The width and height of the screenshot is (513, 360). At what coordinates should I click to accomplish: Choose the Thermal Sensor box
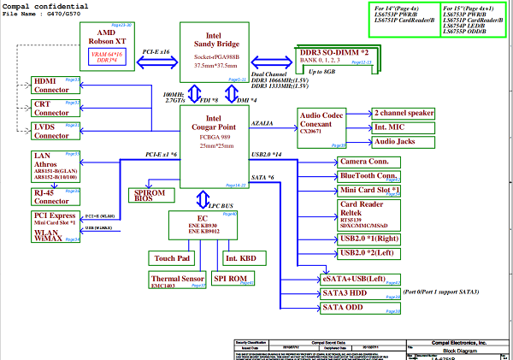click(x=177, y=280)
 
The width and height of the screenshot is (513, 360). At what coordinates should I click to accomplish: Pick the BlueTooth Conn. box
click(x=369, y=176)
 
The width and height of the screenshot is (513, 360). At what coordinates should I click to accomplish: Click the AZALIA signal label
click(x=262, y=123)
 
